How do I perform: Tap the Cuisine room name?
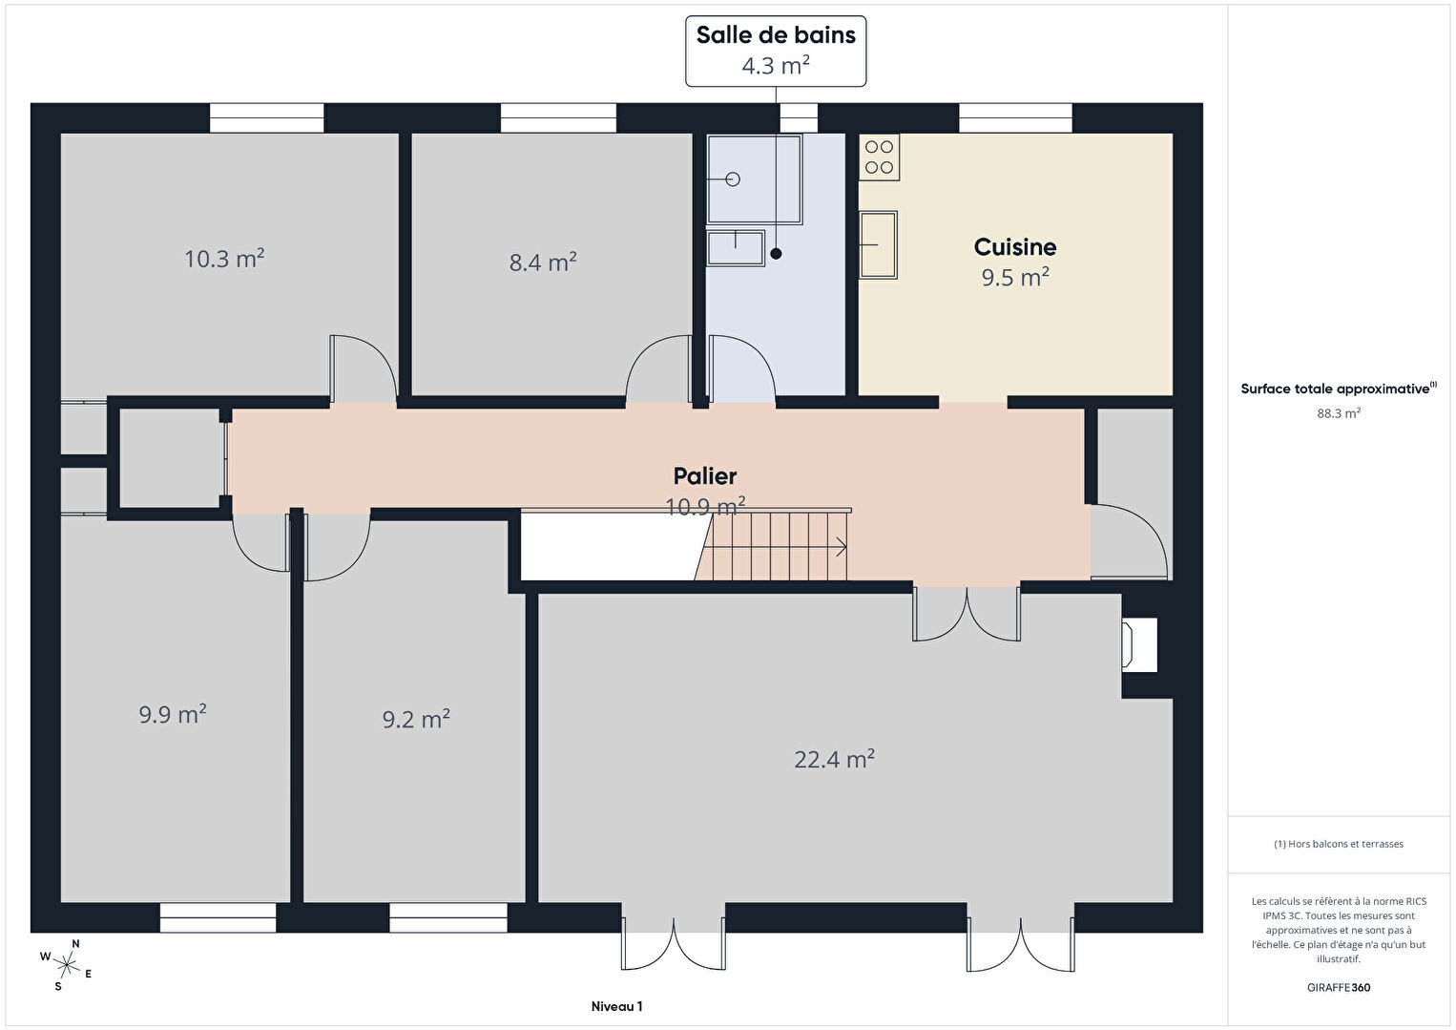[1014, 247]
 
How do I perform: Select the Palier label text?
[704, 476]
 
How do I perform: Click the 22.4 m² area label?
[834, 759]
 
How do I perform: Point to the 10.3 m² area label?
[224, 258]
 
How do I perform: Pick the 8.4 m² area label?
[543, 263]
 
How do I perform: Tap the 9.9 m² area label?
[173, 714]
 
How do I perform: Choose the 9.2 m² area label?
[416, 719]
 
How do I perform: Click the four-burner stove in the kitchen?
[879, 158]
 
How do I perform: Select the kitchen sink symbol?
[878, 245]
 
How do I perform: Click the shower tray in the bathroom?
[755, 179]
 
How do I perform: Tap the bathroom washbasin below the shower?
[736, 248]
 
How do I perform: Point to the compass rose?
[66, 965]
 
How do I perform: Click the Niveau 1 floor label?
[616, 1006]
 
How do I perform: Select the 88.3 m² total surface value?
[1339, 413]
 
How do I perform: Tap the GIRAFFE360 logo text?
[1339, 987]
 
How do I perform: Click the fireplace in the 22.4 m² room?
[1139, 645]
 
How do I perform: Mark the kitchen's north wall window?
[1015, 117]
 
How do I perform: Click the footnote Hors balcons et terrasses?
[1339, 844]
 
